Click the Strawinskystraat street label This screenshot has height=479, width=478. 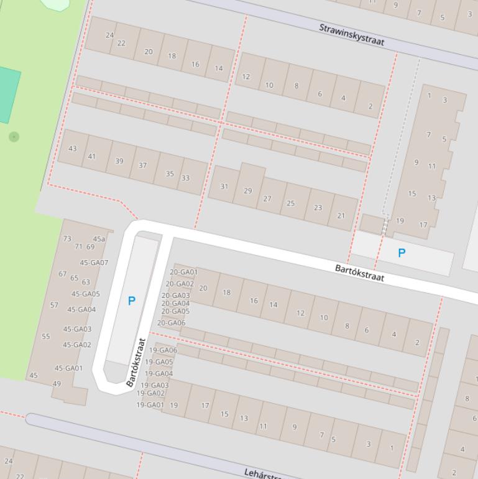[352, 35]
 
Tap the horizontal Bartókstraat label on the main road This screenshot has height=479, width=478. [359, 272]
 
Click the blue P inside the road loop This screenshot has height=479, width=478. [131, 301]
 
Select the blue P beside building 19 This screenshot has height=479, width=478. [402, 253]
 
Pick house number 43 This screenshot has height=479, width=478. [73, 149]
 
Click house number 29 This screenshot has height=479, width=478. [248, 191]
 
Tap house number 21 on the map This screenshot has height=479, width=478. [341, 216]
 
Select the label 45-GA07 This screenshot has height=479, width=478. [94, 263]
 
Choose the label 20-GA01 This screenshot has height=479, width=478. [183, 272]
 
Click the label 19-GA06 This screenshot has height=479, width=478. [163, 350]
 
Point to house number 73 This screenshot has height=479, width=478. [67, 238]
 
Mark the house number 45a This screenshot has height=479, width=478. [99, 239]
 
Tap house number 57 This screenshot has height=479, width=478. [54, 305]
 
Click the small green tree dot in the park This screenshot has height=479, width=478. [14, 136]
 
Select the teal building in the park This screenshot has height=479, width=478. [8, 95]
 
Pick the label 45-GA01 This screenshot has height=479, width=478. [68, 368]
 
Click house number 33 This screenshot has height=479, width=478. [185, 178]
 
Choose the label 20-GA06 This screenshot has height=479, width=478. [171, 323]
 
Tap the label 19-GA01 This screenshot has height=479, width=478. [150, 405]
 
